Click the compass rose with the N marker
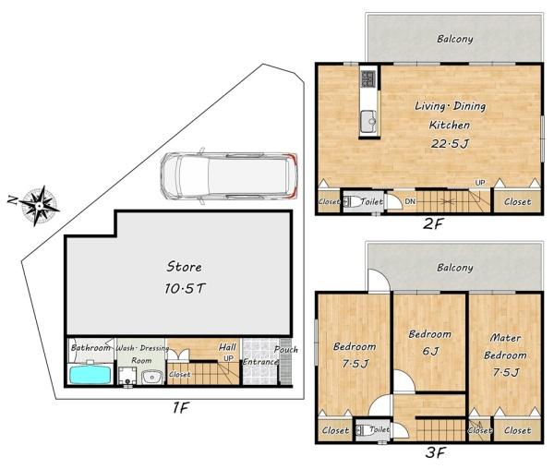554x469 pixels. [39, 205]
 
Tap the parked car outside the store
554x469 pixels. [229, 175]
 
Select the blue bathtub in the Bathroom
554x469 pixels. [90, 374]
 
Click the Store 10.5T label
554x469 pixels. [185, 278]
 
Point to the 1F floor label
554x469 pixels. [181, 408]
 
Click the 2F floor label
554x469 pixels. [433, 223]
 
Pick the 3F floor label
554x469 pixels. [436, 452]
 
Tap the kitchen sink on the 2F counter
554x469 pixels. [368, 122]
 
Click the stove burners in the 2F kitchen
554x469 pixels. [367, 78]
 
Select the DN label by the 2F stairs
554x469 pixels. [410, 201]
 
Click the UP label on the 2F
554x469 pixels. [480, 183]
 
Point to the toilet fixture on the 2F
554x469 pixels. [351, 201]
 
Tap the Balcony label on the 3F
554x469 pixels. [454, 268]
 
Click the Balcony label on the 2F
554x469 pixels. [454, 39]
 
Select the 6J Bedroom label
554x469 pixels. [430, 343]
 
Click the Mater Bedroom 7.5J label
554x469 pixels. [505, 355]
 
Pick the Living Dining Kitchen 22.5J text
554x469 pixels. [450, 125]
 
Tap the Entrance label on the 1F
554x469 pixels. [260, 362]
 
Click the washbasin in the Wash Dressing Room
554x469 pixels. [152, 377]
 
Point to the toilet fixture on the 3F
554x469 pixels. [363, 430]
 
